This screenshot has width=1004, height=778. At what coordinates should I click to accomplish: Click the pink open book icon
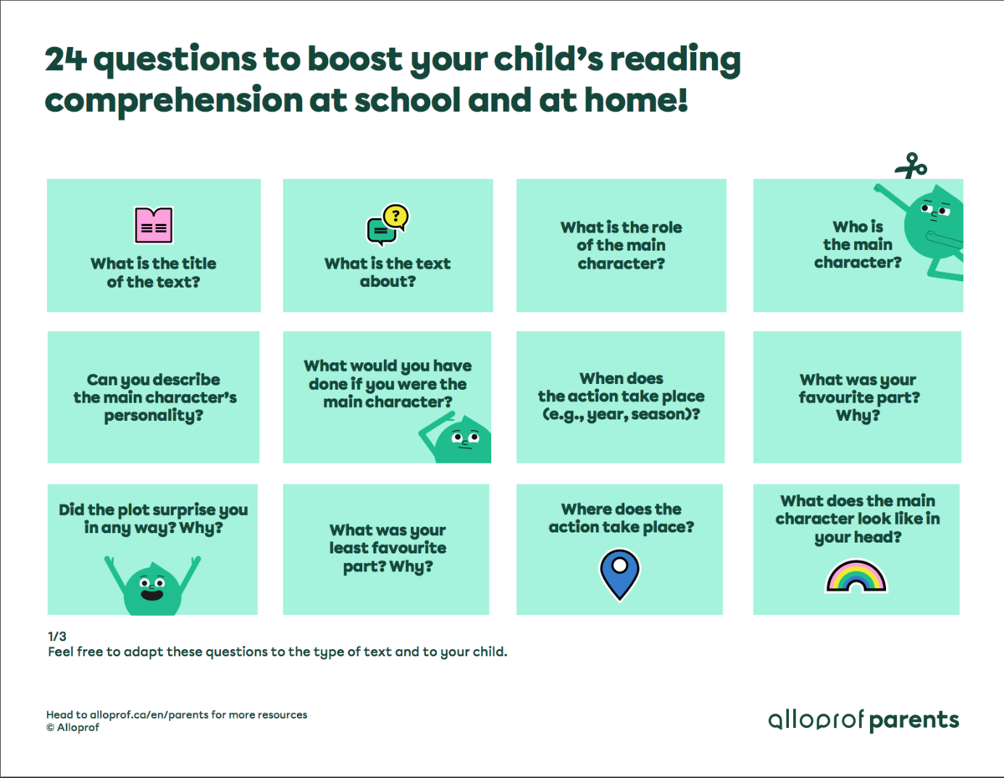[154, 225]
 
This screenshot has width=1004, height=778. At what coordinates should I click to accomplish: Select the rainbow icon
[856, 576]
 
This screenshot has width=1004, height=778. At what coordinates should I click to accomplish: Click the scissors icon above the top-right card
[910, 166]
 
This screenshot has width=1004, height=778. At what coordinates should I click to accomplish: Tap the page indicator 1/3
[56, 636]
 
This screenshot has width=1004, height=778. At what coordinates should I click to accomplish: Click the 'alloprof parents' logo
[863, 719]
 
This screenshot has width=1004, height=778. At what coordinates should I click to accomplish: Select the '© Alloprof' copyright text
[74, 727]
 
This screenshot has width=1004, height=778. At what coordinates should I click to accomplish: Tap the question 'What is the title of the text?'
[153, 272]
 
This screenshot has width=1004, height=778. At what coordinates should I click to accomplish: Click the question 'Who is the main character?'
[858, 244]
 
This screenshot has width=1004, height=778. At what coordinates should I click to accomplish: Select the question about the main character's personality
[154, 397]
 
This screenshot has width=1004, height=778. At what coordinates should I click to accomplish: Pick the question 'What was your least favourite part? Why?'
[387, 548]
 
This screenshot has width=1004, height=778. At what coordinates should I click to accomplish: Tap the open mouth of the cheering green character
[151, 595]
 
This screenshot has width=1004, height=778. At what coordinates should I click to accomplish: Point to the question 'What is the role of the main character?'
[621, 245]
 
